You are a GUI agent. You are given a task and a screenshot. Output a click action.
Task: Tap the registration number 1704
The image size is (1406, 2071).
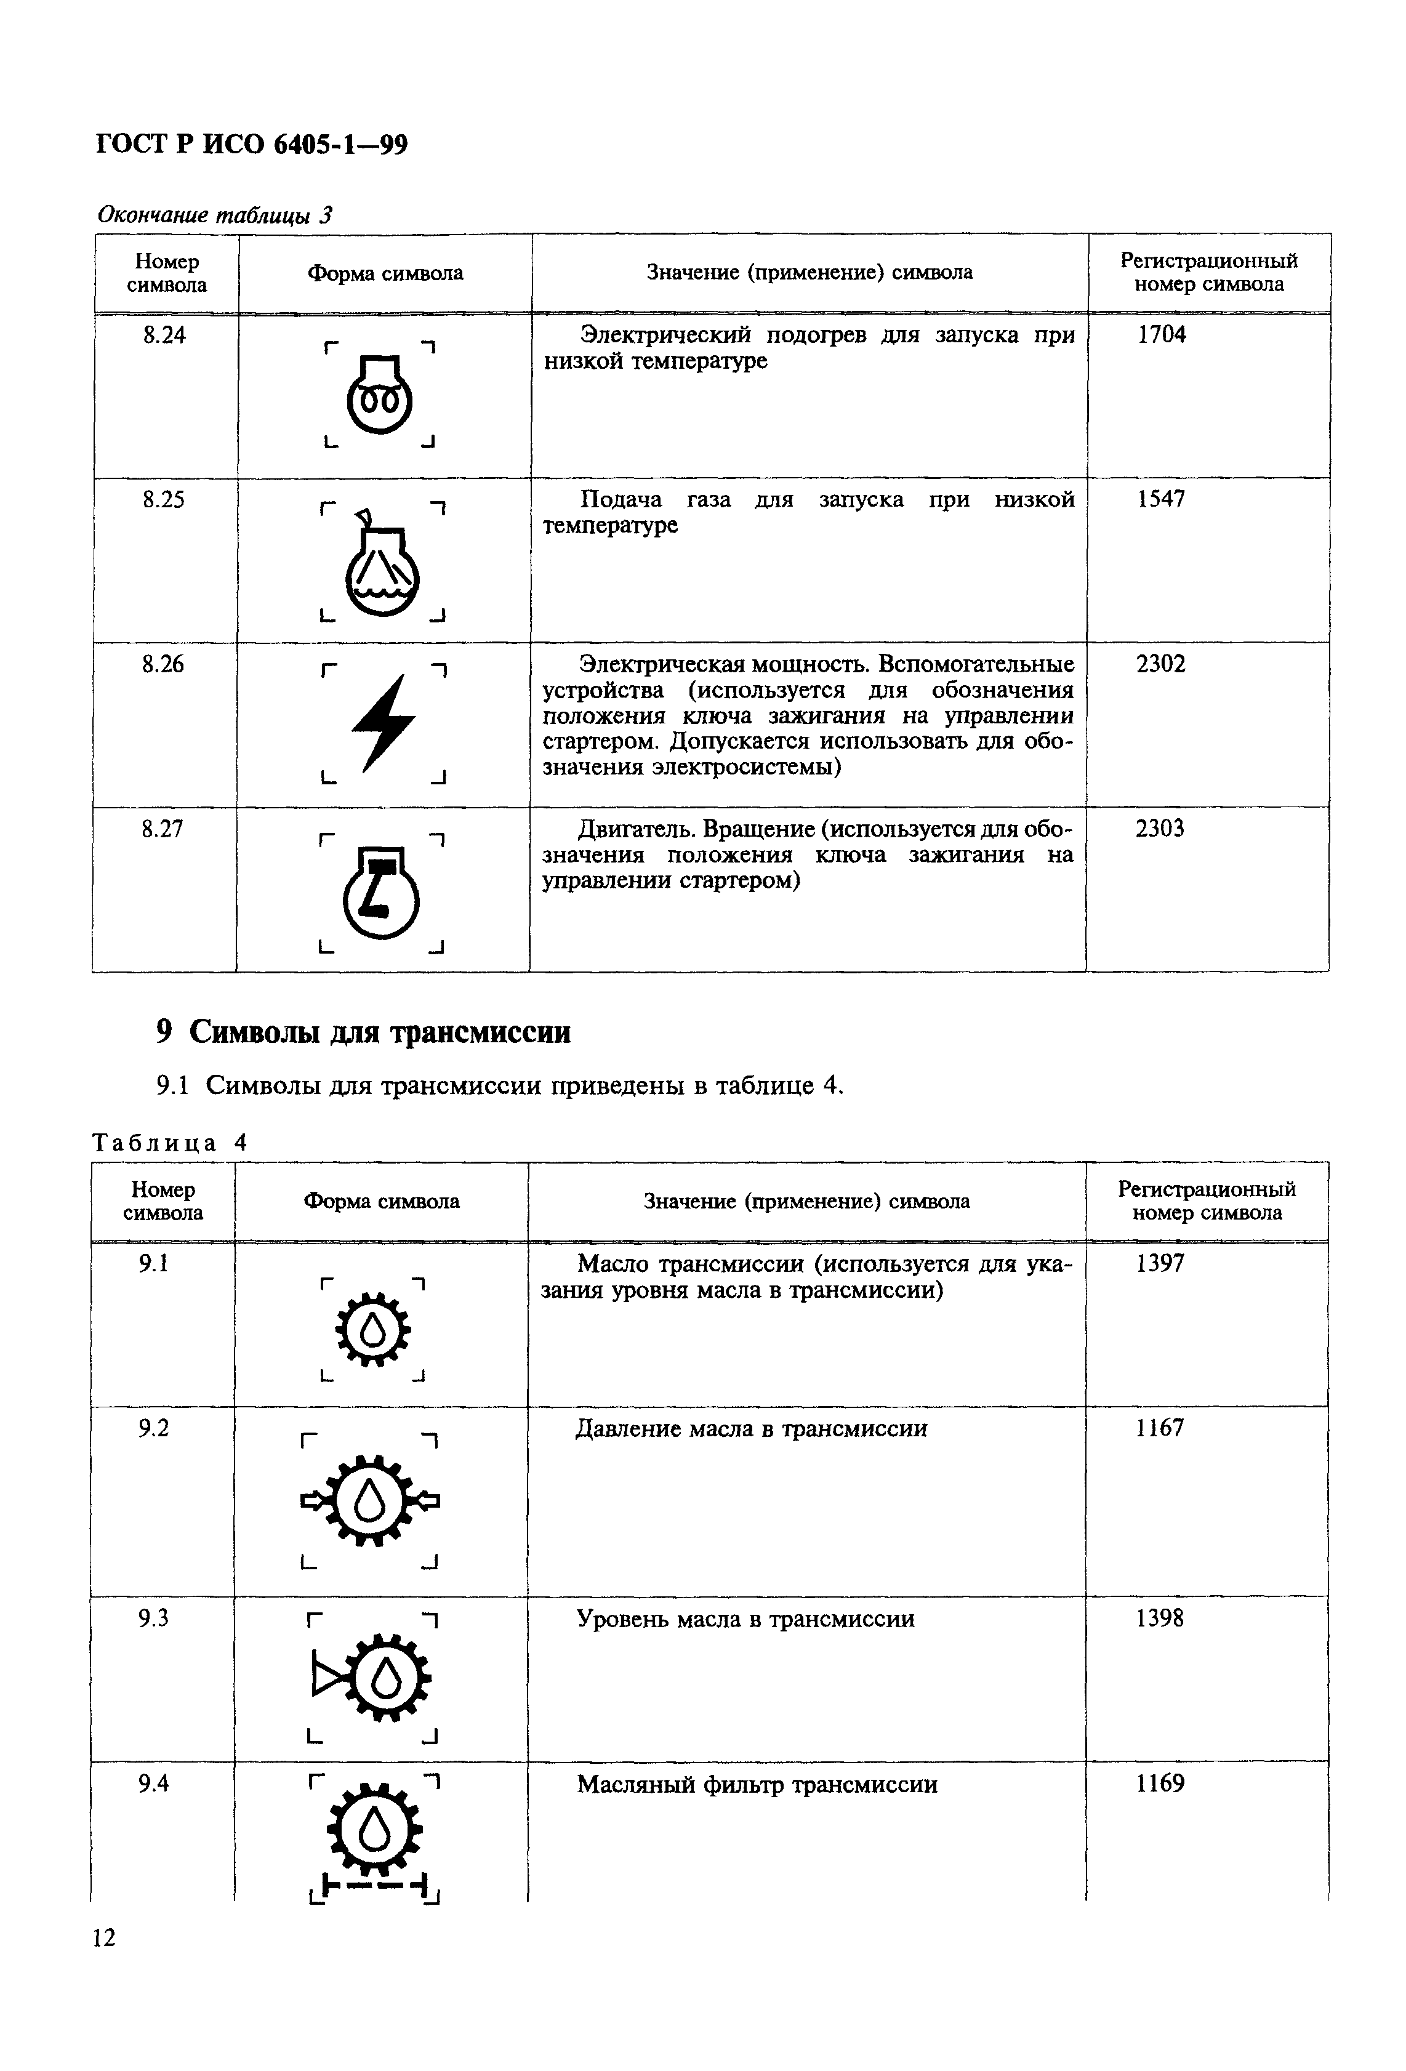coord(1162,335)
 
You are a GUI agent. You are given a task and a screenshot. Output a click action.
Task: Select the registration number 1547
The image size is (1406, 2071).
coord(1161,499)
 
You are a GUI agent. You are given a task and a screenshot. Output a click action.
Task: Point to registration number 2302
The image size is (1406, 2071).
coord(1161,664)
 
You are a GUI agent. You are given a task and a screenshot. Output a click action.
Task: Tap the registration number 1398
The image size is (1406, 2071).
coord(1160,1619)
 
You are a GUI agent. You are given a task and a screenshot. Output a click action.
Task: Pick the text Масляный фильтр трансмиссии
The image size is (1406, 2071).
coord(757,1784)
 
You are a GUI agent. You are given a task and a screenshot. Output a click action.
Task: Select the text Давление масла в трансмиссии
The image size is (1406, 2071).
coord(751,1428)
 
